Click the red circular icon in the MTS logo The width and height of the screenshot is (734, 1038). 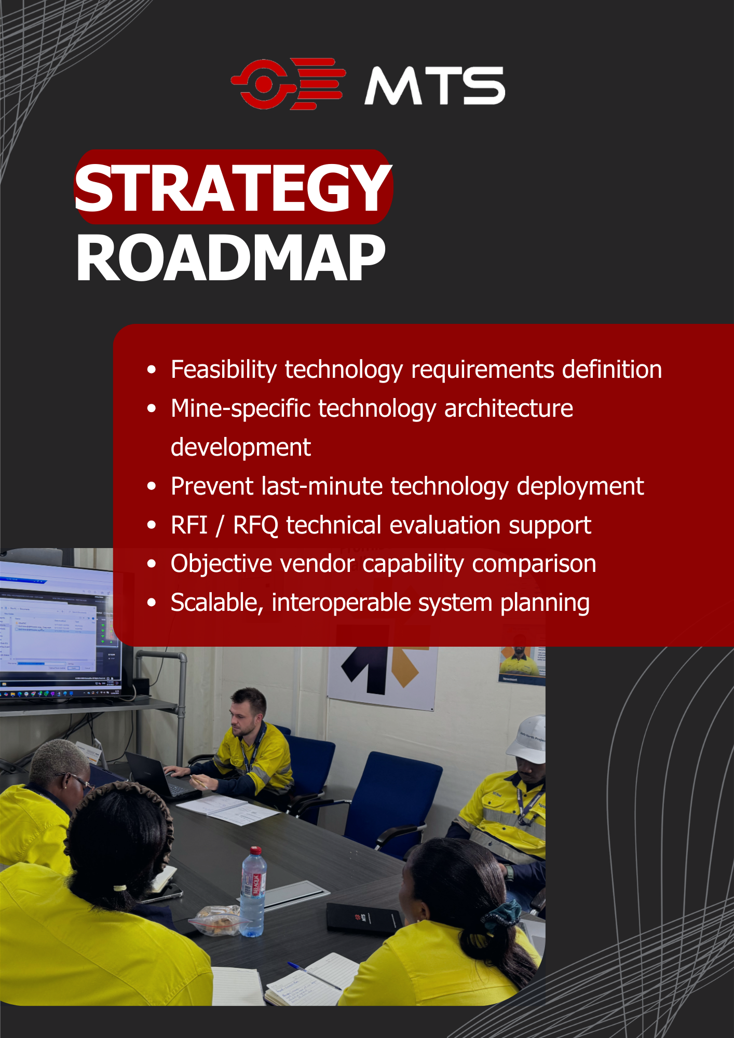pyautogui.click(x=263, y=84)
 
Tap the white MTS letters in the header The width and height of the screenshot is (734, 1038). pyautogui.click(x=434, y=86)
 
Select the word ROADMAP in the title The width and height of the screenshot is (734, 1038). pyautogui.click(x=231, y=258)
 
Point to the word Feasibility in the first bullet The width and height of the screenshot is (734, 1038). pyautogui.click(x=224, y=370)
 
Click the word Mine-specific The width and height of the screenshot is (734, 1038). pyautogui.click(x=240, y=409)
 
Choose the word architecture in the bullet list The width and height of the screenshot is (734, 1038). pyautogui.click(x=508, y=408)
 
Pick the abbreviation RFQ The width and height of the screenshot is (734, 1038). pyautogui.click(x=255, y=525)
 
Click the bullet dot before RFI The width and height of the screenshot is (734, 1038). pyautogui.click(x=152, y=525)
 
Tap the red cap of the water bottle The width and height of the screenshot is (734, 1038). pyautogui.click(x=255, y=851)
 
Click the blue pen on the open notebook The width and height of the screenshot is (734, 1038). pyautogui.click(x=314, y=976)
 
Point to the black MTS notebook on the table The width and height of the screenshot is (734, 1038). pyautogui.click(x=363, y=919)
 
